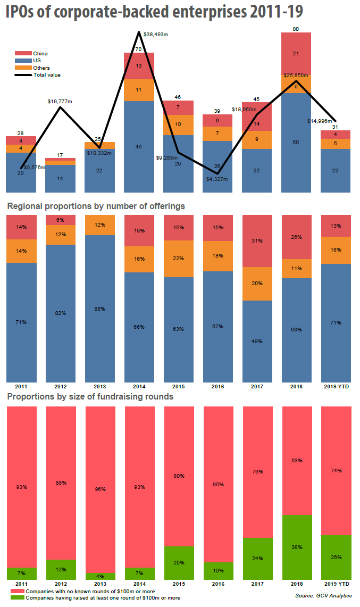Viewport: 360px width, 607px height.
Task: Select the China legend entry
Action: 40,54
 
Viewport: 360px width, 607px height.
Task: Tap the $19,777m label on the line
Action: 60,101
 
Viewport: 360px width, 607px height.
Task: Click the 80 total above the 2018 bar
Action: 296,28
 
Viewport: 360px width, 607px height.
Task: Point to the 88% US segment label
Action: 99,309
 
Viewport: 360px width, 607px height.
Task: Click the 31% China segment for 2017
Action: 256,241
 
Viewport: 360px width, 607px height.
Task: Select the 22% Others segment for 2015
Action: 178,259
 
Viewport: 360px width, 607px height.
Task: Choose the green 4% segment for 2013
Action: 99,576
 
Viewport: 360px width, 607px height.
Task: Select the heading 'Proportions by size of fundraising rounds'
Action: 90,397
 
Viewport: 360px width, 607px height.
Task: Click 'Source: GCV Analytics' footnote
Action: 323,595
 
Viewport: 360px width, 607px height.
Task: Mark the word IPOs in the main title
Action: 23,12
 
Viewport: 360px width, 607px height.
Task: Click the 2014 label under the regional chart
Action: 139,386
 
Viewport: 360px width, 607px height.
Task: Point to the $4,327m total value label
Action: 217,179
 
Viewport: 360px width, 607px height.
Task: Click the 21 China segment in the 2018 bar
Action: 296,54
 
